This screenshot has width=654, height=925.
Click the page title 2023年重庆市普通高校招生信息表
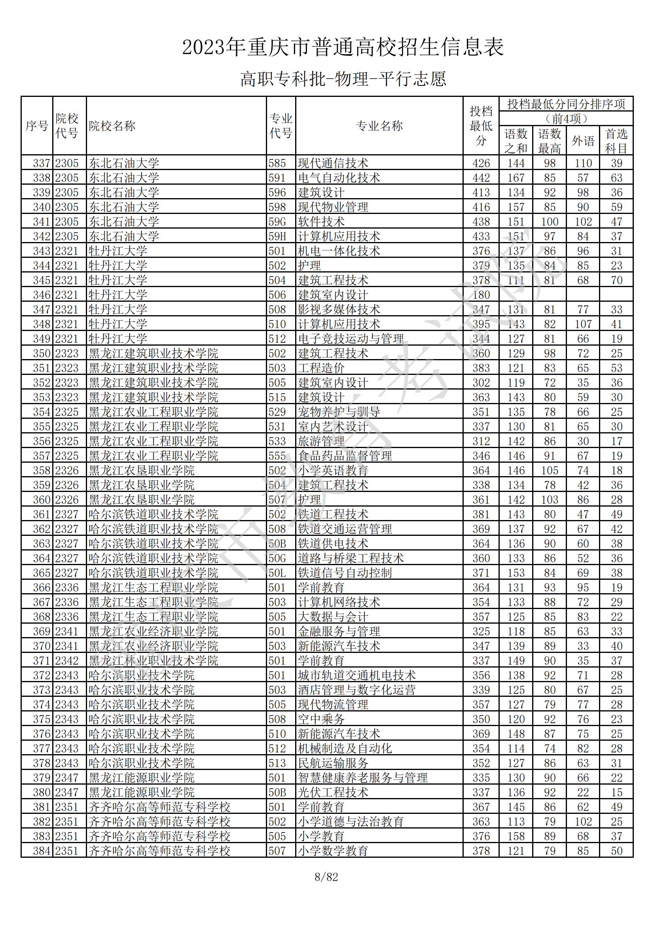pos(343,47)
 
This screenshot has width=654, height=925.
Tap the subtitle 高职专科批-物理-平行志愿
pos(343,79)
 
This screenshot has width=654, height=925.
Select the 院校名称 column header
pos(112,126)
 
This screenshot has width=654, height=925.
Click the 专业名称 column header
pos(379,126)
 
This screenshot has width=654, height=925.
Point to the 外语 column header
pos(583,141)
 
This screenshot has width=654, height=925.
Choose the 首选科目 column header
pos(616,141)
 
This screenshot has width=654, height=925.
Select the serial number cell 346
pos(42,295)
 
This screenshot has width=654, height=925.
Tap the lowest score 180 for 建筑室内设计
pos(481,295)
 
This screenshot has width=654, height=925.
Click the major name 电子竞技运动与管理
pos(351,339)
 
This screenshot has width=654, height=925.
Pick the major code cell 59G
pos(277,221)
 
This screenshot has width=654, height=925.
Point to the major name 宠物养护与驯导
pos(339,412)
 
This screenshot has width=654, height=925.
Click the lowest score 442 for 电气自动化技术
pos(481,178)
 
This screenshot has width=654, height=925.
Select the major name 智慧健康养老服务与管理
pos(362,777)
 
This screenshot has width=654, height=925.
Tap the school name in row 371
pos(153,661)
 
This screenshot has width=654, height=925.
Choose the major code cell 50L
pos(277,573)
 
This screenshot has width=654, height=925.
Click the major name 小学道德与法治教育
pos(351,821)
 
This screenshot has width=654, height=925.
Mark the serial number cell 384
pos(42,851)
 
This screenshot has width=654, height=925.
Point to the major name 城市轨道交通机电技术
pos(356,675)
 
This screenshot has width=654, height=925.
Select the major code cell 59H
pos(277,236)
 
